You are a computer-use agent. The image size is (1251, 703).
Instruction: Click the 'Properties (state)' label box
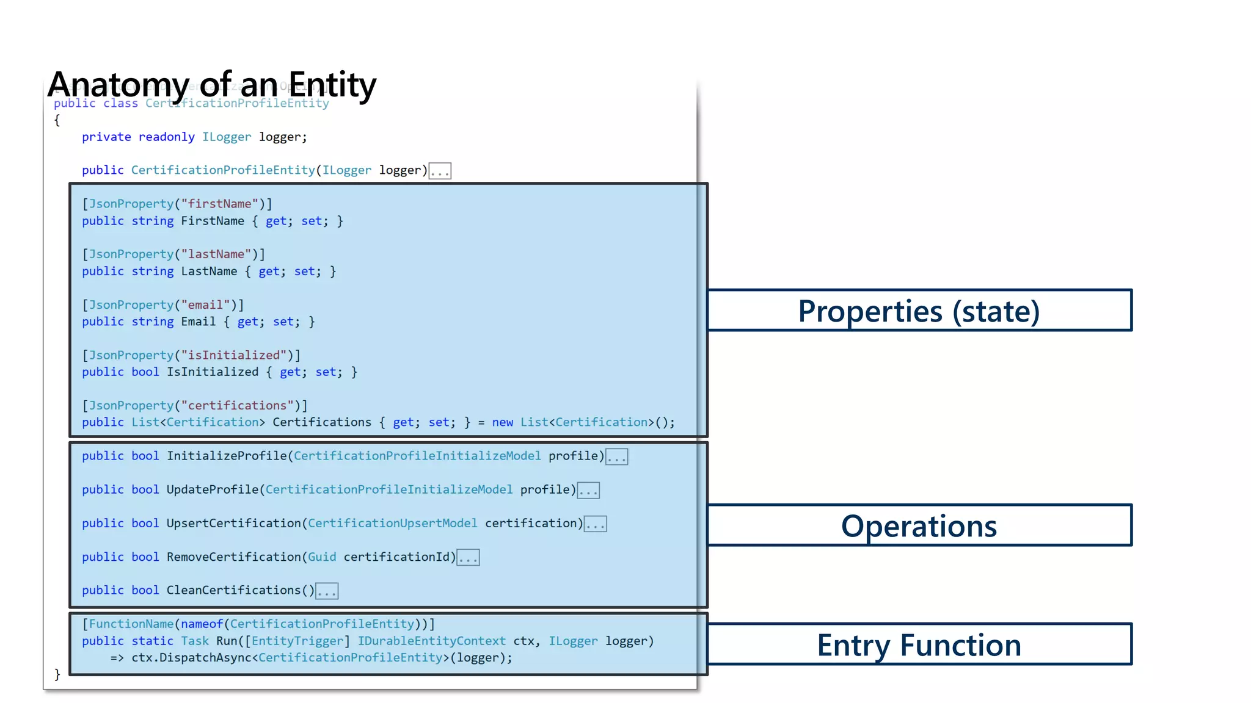tap(919, 311)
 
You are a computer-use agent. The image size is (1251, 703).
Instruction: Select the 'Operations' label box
tap(919, 525)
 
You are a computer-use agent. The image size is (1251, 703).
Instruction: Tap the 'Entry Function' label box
tap(919, 644)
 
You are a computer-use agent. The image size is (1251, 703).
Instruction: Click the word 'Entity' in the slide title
tap(332, 84)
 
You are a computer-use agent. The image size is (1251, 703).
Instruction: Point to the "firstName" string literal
tap(219, 204)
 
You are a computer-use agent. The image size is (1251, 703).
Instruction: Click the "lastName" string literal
tap(216, 254)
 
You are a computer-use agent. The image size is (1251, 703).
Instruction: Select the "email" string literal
tap(205, 305)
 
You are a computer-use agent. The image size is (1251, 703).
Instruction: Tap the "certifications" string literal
tap(237, 405)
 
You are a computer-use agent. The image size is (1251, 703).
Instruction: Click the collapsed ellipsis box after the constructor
tap(440, 171)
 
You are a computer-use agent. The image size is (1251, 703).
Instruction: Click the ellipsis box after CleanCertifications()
tap(327, 591)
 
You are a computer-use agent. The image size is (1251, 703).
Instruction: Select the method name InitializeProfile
tap(227, 456)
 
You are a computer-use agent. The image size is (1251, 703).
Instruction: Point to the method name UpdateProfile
tap(213, 489)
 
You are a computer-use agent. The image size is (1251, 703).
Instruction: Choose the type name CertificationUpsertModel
tap(392, 523)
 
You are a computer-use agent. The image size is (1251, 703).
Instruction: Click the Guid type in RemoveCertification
tap(322, 557)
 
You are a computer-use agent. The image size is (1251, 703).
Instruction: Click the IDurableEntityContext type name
tap(431, 641)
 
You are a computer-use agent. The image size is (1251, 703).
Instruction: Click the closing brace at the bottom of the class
tap(57, 674)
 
